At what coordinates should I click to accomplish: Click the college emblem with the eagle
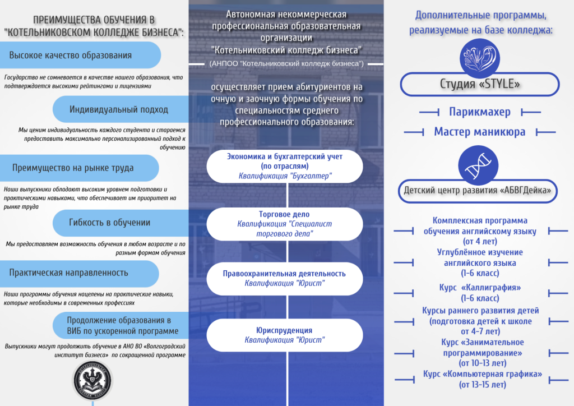93,381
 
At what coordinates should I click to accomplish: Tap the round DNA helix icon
478,165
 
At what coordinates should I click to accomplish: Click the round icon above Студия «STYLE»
480,58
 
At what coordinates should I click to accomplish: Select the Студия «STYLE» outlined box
480,85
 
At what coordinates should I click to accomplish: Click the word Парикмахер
480,112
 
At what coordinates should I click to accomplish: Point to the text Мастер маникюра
480,132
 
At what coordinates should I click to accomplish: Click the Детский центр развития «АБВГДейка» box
478,191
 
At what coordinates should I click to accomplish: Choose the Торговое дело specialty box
284,224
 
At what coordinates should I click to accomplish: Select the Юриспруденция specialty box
284,335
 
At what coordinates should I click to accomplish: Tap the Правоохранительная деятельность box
284,279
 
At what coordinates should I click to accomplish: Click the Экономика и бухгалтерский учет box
284,166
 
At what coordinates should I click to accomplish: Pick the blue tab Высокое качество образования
80,55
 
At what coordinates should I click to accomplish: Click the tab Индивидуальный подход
121,109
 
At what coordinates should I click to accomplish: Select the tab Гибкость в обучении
121,223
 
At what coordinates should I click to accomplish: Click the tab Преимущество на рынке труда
79,168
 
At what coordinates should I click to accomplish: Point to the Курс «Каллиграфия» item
480,293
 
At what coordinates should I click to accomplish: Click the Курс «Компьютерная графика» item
483,379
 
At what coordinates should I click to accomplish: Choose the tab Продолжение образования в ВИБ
121,325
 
